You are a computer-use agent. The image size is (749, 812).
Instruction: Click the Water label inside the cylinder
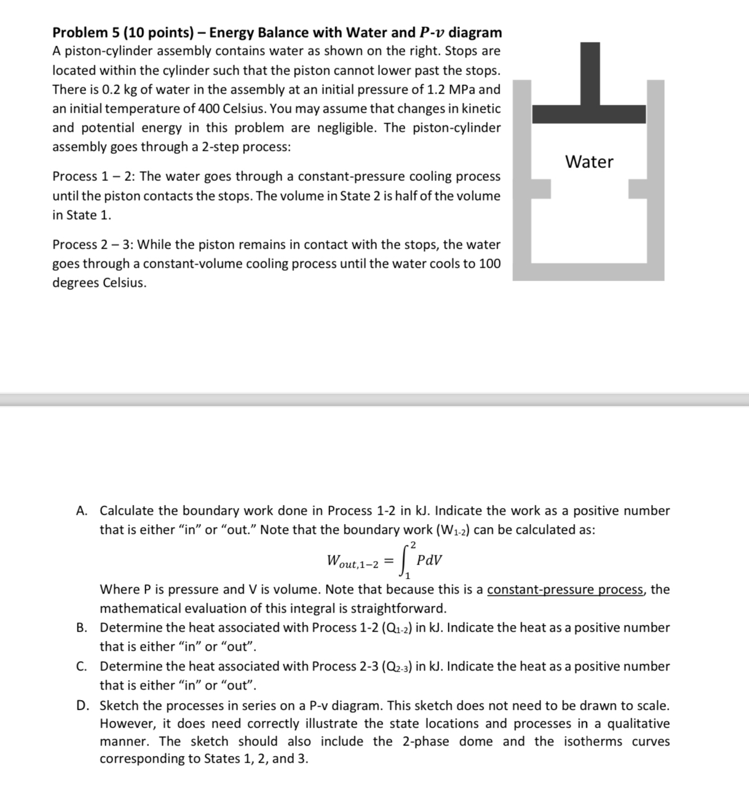click(x=588, y=162)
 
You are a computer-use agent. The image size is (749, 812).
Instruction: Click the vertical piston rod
click(x=590, y=73)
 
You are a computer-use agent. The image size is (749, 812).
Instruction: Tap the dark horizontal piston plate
click(x=588, y=114)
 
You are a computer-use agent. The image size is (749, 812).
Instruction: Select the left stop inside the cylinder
click(x=541, y=188)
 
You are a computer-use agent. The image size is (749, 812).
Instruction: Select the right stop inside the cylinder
click(x=638, y=188)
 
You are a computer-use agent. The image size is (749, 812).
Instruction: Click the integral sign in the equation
click(x=405, y=560)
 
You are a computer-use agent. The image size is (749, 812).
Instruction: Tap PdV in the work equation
click(x=429, y=560)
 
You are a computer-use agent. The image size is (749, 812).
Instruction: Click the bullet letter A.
click(x=81, y=511)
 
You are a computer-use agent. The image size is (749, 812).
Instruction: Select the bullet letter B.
click(x=81, y=628)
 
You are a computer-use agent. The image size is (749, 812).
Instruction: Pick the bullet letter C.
click(x=81, y=667)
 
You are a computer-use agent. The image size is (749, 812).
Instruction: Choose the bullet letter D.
click(x=81, y=706)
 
